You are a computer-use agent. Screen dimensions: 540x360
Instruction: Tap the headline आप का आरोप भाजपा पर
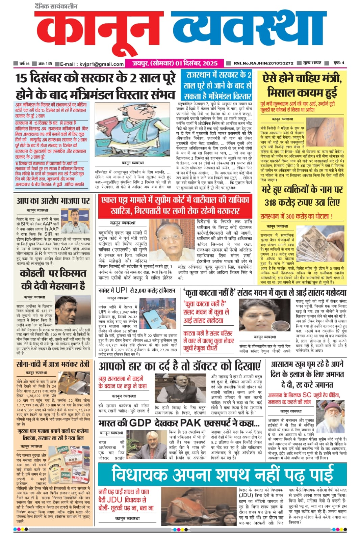(x=53, y=201)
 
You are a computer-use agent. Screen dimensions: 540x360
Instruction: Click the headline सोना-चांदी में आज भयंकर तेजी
(x=53, y=364)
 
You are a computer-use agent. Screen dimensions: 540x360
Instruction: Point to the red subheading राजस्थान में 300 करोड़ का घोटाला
(x=296, y=216)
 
